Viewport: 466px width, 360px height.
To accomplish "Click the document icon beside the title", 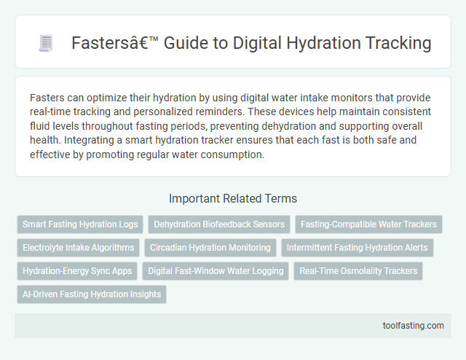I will point(46,44).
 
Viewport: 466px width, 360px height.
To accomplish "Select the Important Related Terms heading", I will point(233,198).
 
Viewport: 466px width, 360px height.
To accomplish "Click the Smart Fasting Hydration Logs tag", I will point(79,224).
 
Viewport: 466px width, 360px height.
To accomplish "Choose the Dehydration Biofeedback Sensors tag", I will point(219,224).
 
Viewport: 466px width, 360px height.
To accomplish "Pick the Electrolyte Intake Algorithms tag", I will point(78,248).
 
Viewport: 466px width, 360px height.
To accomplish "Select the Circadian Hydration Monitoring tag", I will point(210,248).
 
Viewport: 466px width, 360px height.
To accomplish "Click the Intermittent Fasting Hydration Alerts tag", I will point(357,248).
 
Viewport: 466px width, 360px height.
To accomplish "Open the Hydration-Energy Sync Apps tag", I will point(77,271).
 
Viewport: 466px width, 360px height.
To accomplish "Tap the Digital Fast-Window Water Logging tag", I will point(216,271).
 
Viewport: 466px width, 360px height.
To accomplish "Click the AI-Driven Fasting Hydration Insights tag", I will point(92,294).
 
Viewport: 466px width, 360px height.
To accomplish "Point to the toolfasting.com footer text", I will point(414,326).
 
